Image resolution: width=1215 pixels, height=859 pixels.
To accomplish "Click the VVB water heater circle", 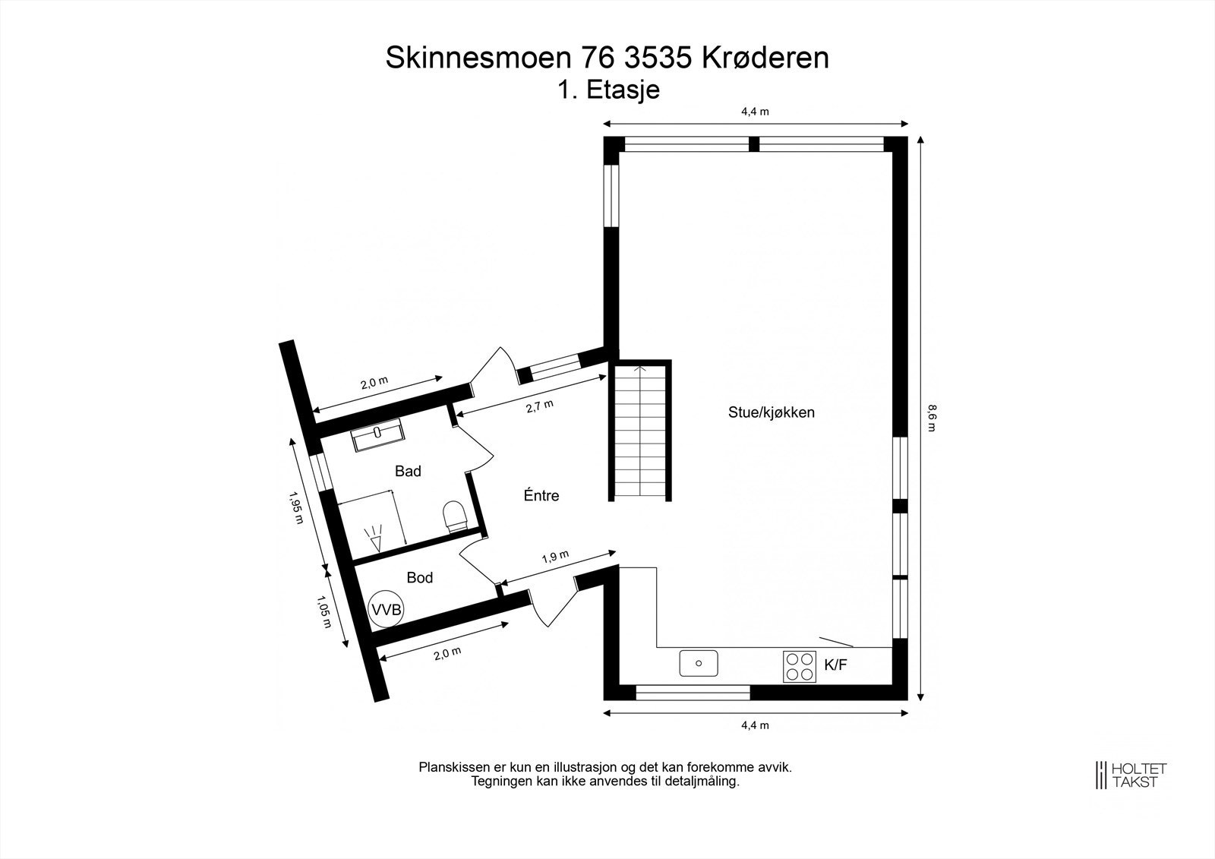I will point(387,608).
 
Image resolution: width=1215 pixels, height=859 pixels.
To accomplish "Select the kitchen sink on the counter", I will point(698,663).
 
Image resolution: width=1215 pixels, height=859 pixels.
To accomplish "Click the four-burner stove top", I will point(800,666).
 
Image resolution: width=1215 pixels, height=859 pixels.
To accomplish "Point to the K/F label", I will point(835,665).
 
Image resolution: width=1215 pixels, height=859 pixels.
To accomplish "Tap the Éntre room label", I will point(541,496).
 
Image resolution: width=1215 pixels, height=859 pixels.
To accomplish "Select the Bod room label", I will point(419,578).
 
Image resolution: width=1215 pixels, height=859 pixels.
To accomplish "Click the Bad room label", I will point(408,472).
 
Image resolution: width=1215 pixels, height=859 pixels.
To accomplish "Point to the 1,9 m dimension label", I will point(555,557).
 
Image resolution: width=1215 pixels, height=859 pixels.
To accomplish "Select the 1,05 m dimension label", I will point(323,611).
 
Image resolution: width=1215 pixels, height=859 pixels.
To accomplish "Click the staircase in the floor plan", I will point(642,431).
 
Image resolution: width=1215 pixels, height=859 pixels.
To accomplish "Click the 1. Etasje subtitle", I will point(608,90).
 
